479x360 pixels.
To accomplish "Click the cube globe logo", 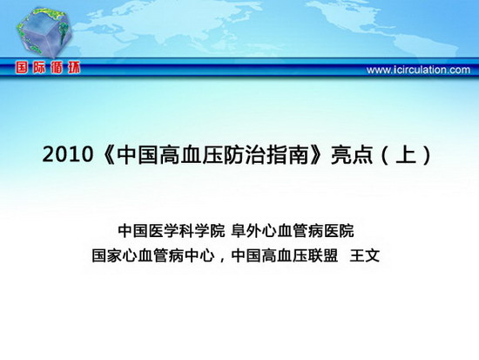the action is (x=44, y=32).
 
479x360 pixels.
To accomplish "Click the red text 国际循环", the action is (x=48, y=67).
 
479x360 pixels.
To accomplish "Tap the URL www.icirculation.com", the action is (x=418, y=70).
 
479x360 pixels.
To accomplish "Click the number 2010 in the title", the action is (x=67, y=154).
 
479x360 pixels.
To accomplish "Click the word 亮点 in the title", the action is (x=352, y=153).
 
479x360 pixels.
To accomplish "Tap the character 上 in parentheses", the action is (x=406, y=153).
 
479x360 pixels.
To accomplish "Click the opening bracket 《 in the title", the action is (x=108, y=153).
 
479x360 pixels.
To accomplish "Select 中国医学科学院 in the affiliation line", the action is (x=171, y=231).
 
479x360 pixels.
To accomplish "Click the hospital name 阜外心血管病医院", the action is (x=293, y=231).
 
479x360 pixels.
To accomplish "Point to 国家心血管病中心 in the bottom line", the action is (x=153, y=255).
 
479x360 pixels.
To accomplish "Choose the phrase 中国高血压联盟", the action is (x=285, y=255).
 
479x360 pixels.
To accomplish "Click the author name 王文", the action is (x=365, y=255).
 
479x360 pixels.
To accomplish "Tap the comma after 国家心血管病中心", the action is (x=222, y=260).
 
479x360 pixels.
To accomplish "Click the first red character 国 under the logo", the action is (x=22, y=67).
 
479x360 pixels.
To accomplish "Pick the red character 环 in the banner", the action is (x=74, y=67).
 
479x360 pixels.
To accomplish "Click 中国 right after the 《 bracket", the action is (x=137, y=153).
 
